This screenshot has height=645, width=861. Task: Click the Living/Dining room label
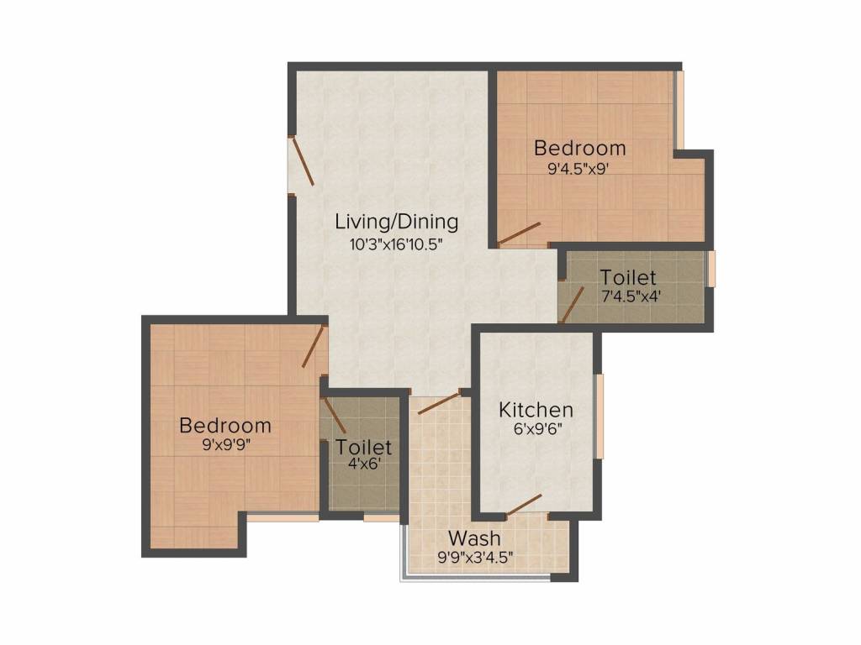[396, 223]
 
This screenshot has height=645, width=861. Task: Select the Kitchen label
[536, 410]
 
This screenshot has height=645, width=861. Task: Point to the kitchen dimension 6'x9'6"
[536, 428]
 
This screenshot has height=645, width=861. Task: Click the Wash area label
[474, 537]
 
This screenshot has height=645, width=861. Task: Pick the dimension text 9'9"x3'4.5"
[474, 556]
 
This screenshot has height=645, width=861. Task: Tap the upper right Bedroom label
[580, 149]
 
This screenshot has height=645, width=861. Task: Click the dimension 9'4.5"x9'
[578, 168]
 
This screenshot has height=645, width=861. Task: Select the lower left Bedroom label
[225, 426]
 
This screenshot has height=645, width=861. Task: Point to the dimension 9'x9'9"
[225, 445]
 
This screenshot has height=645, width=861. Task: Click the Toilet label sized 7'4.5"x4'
[627, 276]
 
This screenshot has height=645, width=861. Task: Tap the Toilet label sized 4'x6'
[364, 446]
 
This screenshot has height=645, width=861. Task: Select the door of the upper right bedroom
[519, 234]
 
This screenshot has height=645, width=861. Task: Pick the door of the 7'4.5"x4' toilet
[573, 303]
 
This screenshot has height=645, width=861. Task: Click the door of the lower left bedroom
[314, 346]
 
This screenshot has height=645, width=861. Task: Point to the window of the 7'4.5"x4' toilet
[711, 269]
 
